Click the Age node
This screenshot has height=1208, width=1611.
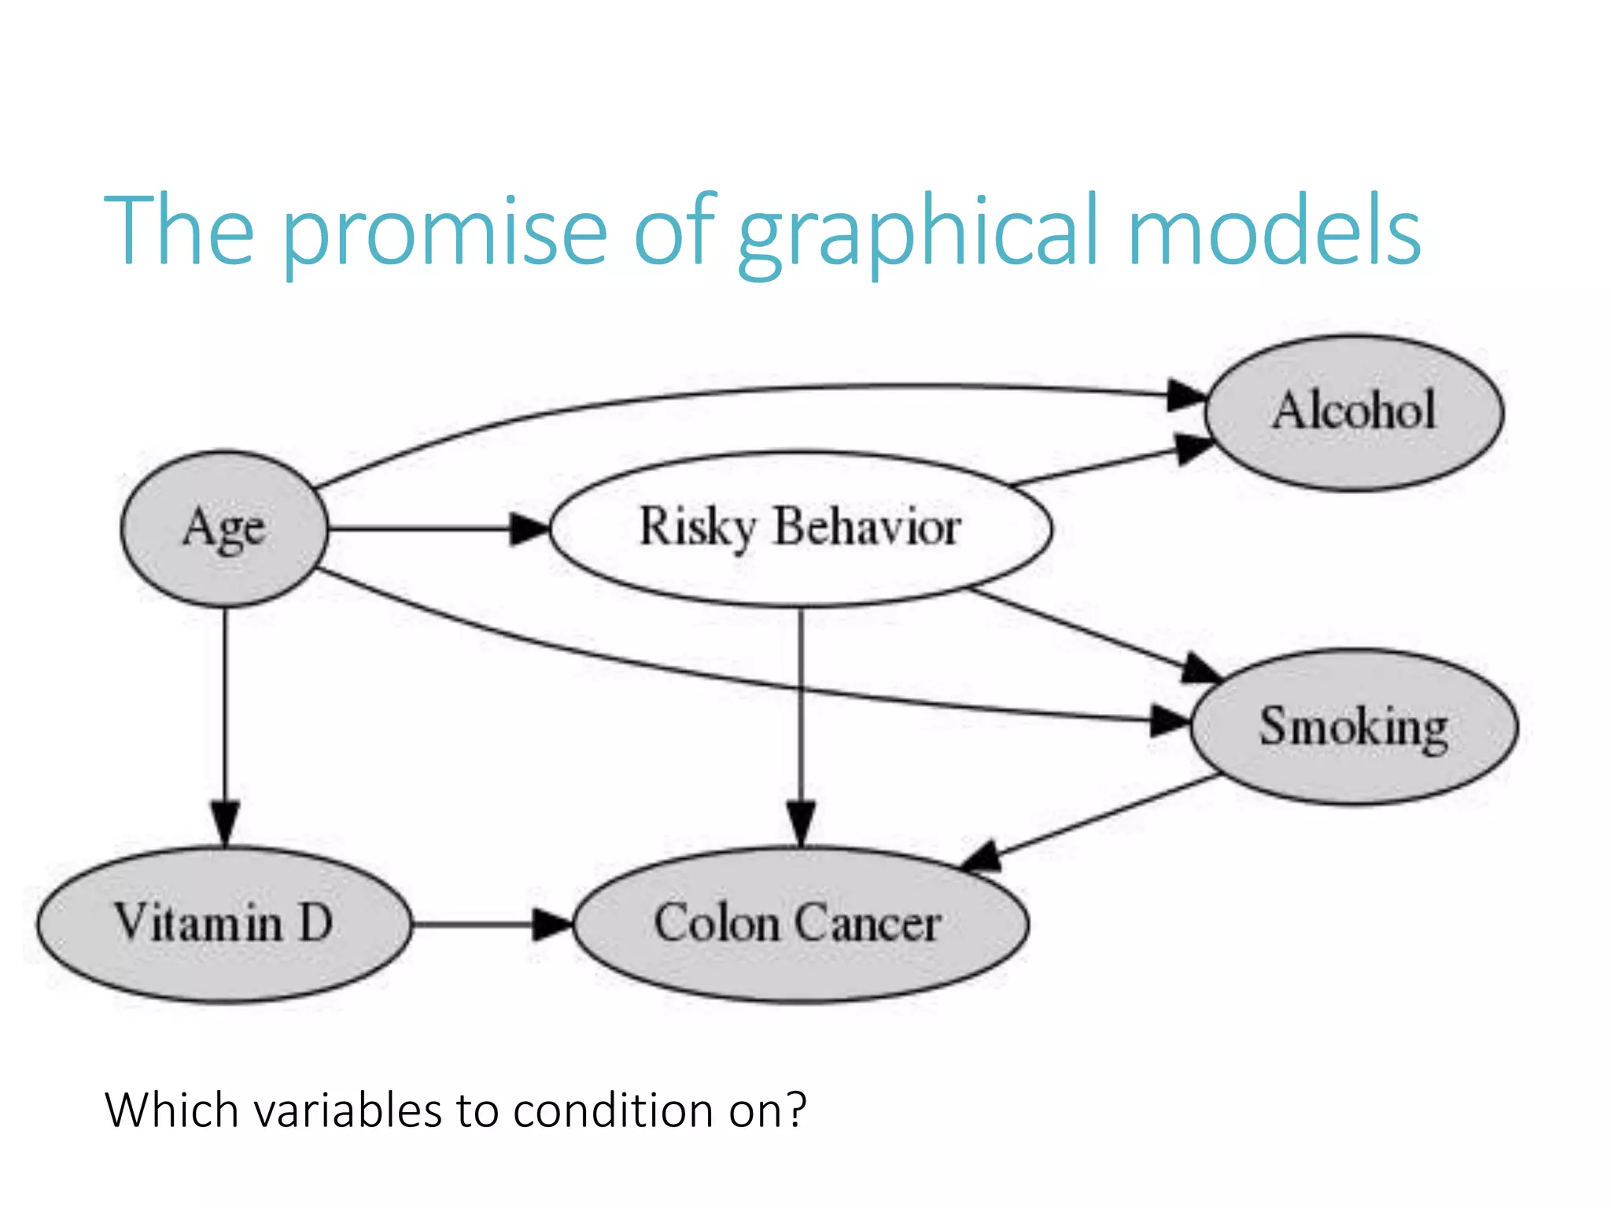(224, 528)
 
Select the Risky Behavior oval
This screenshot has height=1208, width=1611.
(801, 528)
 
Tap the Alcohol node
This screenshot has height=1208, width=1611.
(1354, 412)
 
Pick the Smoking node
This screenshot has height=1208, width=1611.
(1354, 727)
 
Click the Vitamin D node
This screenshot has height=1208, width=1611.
(224, 924)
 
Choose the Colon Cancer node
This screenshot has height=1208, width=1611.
(800, 924)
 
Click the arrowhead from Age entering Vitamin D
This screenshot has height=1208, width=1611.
(225, 823)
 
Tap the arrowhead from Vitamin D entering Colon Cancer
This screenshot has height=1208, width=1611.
(552, 924)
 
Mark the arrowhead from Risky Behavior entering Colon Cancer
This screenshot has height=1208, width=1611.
(801, 823)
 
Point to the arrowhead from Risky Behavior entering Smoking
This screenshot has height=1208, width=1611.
(1200, 668)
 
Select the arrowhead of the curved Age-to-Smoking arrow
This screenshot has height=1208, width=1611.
(1170, 720)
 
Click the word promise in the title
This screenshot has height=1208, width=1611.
(444, 232)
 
